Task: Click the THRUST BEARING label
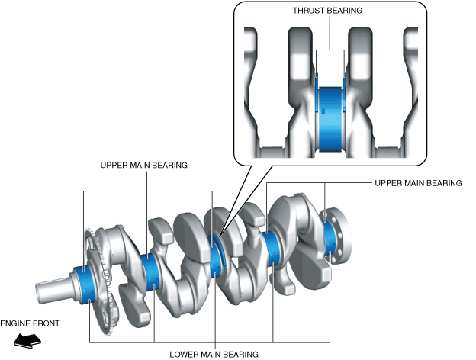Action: (x=327, y=11)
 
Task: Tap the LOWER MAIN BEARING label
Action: (x=214, y=354)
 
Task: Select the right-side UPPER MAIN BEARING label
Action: (x=418, y=183)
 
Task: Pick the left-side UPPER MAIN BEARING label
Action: (x=143, y=165)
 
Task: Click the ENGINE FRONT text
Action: (x=30, y=323)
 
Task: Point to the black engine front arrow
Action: (x=27, y=341)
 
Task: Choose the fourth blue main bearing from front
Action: (x=272, y=249)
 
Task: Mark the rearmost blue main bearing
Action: (x=330, y=239)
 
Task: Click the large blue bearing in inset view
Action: (x=330, y=119)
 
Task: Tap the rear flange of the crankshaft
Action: (x=339, y=236)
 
